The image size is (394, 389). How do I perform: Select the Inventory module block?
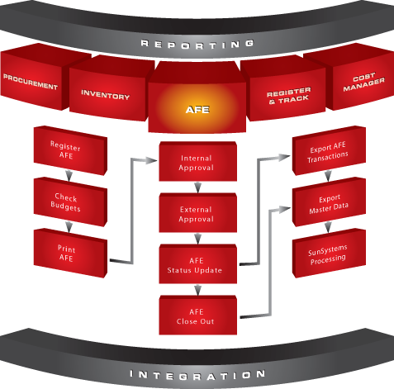108,91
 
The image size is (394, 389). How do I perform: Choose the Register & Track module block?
287,91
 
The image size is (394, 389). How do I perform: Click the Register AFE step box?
70,150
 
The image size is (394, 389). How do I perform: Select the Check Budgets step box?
70,202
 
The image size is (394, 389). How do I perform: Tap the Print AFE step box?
70,253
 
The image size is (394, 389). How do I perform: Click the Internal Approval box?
197,161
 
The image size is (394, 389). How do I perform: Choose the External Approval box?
197,212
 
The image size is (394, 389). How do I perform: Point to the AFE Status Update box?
197,263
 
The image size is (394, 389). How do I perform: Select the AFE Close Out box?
197,315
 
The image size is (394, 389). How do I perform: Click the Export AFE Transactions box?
329,150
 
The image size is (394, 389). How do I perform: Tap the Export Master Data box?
329,202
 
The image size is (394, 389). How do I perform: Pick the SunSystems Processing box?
329,253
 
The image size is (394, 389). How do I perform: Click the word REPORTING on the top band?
197,45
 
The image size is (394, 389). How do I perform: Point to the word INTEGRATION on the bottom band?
197,375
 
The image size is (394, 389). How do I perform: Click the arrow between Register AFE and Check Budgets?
69,176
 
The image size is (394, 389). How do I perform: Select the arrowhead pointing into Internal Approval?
151,160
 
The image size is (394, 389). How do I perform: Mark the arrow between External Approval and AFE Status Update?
197,239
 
